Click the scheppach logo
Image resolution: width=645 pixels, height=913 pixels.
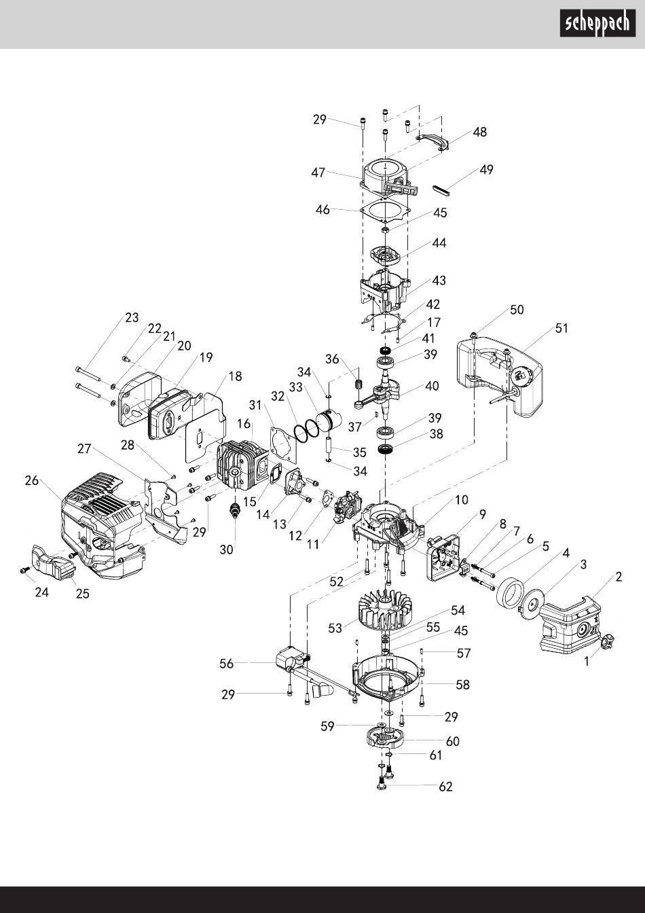597,23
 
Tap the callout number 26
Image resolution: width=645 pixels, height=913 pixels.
32,480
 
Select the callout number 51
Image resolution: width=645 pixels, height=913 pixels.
561,328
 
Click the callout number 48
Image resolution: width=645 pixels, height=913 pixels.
480,132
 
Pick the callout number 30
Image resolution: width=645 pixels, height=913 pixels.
227,550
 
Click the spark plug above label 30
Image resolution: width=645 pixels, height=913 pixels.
236,510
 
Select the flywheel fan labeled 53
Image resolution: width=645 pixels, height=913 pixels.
381,609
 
